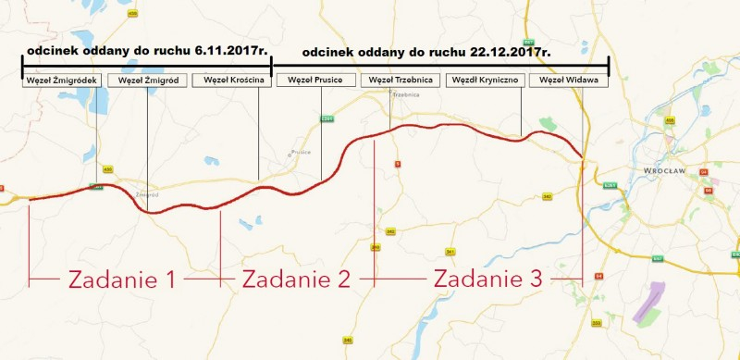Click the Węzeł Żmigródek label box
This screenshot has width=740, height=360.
[x=59, y=81]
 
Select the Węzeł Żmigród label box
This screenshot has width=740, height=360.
[x=145, y=81]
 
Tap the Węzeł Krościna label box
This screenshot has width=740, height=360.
[x=230, y=81]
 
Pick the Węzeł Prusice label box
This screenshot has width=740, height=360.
[x=315, y=81]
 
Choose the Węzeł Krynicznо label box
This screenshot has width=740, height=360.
[x=485, y=81]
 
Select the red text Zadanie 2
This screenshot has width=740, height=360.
[x=296, y=278]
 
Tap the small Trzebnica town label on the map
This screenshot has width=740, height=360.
[x=406, y=95]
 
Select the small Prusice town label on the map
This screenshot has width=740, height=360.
[x=300, y=151]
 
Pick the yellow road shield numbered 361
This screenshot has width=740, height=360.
[x=450, y=252]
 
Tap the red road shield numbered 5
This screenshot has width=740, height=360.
[x=398, y=164]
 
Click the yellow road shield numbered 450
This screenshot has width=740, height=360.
[x=107, y=169]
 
